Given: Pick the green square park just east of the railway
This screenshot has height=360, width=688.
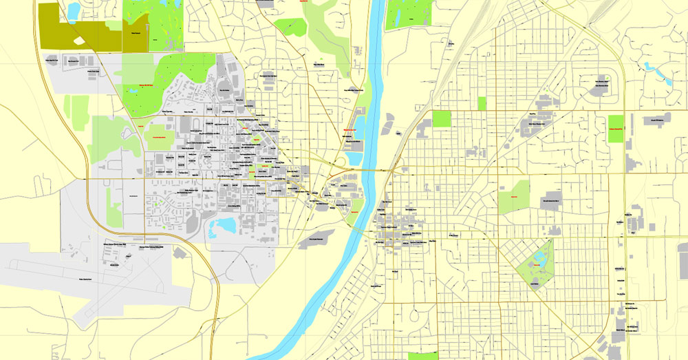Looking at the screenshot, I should tap(441, 119).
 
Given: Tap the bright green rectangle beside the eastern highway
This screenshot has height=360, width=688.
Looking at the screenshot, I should tap(615, 129).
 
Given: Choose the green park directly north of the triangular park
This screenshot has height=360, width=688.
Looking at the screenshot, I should tap(514, 196).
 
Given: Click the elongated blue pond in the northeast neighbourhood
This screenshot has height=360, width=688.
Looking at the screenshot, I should tap(649, 67).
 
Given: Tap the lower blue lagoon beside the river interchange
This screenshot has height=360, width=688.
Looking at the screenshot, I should tap(355, 155).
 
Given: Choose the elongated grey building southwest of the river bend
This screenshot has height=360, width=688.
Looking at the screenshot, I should tap(316, 238).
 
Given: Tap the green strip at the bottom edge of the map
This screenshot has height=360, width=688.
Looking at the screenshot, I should tap(422, 356).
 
